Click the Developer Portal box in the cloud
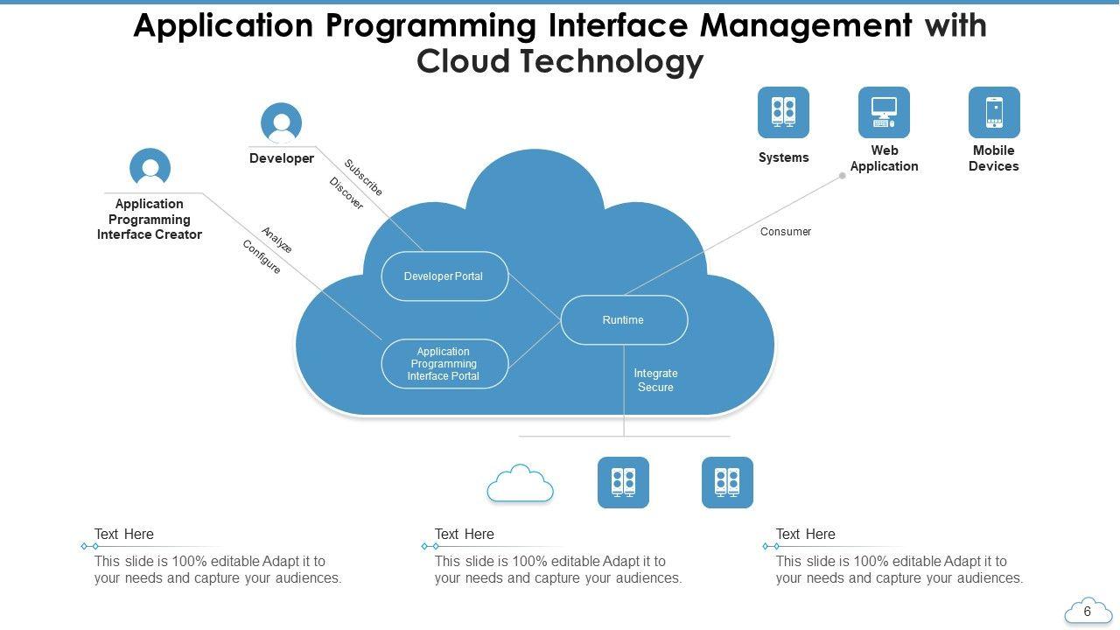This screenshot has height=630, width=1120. (x=444, y=276)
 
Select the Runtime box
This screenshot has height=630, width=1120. (x=624, y=320)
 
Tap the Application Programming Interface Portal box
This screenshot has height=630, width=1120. (x=444, y=364)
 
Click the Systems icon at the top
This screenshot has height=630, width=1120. (x=783, y=112)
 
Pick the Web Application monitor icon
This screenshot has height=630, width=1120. (x=884, y=112)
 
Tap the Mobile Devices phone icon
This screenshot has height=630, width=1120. (x=994, y=112)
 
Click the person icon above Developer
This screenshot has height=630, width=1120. (x=282, y=123)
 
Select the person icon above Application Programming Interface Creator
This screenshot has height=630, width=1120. (x=150, y=168)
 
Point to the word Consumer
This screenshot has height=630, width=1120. (x=786, y=232)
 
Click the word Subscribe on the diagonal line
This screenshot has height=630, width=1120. (x=363, y=178)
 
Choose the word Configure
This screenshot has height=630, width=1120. (x=262, y=257)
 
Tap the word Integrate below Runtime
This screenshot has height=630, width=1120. (x=655, y=374)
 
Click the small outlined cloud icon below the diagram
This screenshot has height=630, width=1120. (x=521, y=483)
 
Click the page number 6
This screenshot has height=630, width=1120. (x=1088, y=612)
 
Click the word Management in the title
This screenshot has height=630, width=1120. (x=806, y=26)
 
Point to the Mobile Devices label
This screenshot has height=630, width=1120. (x=994, y=158)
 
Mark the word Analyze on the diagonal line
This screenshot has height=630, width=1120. (x=276, y=240)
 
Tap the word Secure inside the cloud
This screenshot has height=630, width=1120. (x=655, y=388)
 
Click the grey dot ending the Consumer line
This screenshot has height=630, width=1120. (x=843, y=176)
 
